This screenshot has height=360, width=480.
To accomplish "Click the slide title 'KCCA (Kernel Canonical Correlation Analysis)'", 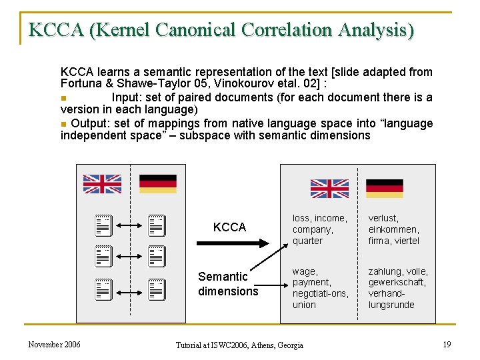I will pos(221,30).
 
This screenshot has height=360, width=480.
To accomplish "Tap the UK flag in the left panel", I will pos(102,184).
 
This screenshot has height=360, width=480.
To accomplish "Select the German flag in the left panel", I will pos(158,184).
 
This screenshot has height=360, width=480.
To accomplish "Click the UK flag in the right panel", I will pos(329,189).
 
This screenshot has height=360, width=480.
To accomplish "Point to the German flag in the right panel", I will pos(385,189).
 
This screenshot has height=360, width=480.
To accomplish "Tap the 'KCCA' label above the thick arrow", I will pos(229,227).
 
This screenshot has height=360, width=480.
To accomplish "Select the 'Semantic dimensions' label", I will pos(228,284).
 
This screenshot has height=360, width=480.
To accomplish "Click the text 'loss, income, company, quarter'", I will pos(320,229).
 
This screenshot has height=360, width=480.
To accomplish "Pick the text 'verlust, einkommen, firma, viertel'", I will pos(394,229).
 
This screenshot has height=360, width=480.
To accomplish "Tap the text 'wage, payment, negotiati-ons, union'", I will pos(320,288).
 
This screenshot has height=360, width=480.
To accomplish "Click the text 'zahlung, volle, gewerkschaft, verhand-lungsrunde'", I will pos(398,288).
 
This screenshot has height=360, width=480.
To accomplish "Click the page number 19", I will pos(446,344).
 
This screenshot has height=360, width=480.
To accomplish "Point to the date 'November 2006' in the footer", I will pos(55,344).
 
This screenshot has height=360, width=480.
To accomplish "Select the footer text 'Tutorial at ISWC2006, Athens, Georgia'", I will pos(239,345).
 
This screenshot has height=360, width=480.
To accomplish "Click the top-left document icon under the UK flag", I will pos(102,225).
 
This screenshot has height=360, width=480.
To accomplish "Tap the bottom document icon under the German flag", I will pos(156,289).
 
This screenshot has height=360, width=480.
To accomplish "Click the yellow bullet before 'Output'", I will pos(63,123).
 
